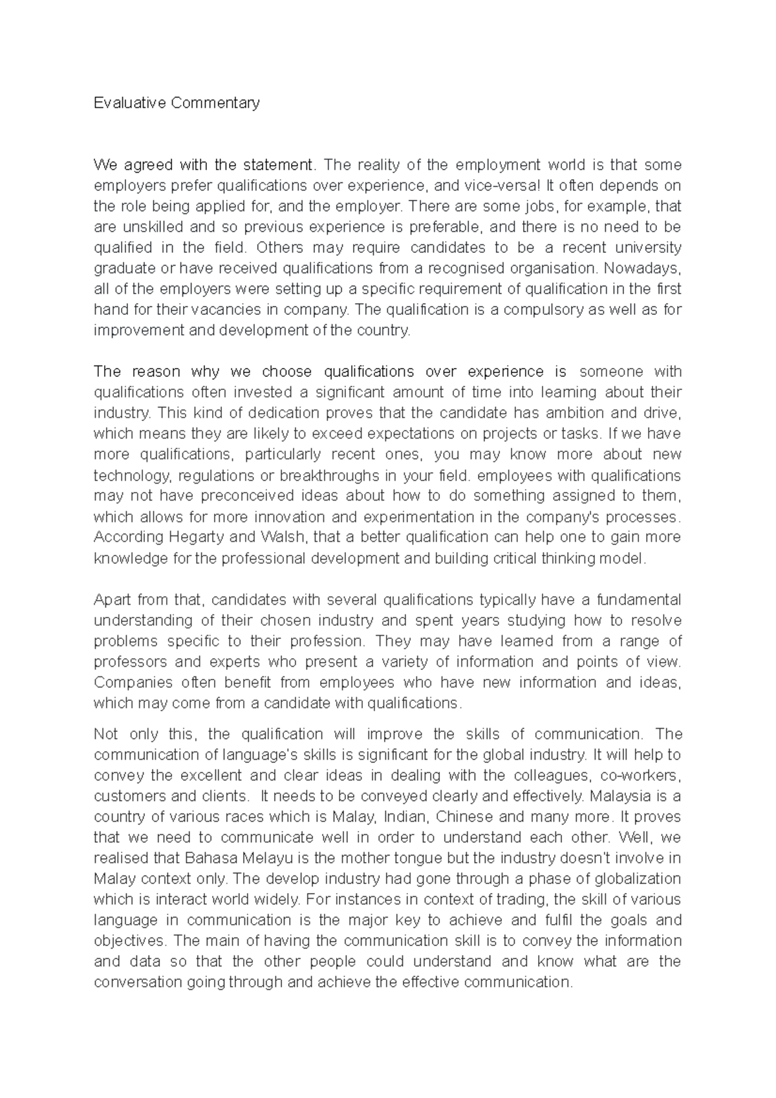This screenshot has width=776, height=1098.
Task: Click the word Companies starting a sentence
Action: pyautogui.click(x=133, y=682)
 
